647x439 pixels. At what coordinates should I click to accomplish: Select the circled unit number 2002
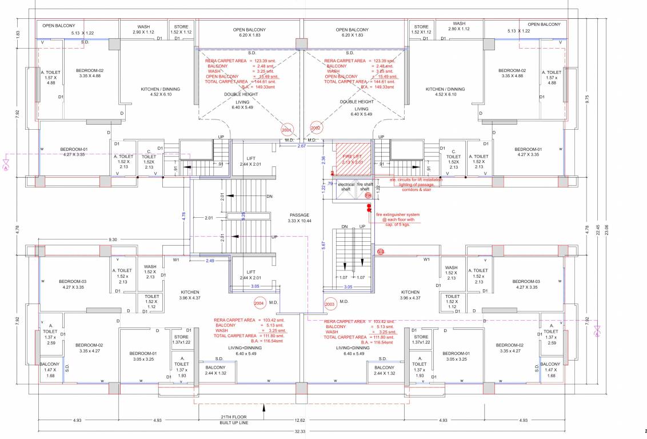pos(315,128)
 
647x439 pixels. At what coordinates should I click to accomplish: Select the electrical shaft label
pos(346,186)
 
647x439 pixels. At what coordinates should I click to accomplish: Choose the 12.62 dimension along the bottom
pos(299,421)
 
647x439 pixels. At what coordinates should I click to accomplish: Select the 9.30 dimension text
pos(113,240)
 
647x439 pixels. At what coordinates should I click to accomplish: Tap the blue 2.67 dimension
pos(302,146)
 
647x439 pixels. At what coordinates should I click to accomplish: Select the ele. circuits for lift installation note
pos(416,184)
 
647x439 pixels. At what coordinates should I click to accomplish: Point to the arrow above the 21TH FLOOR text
pos(263,408)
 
